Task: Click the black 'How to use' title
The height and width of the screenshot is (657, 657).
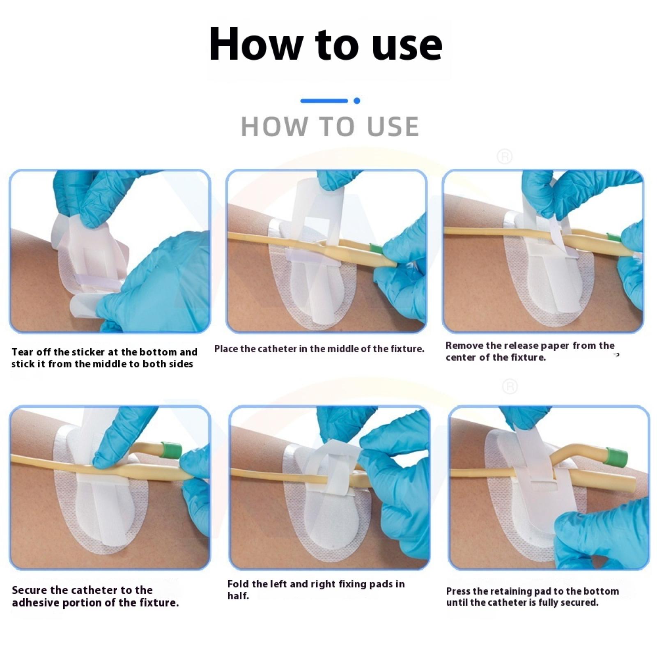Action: (326, 44)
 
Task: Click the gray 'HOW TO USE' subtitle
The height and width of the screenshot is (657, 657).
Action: (330, 126)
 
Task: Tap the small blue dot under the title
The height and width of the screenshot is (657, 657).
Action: (357, 101)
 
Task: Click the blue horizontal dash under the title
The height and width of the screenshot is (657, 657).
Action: (324, 101)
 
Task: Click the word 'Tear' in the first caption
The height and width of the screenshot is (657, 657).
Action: (22, 352)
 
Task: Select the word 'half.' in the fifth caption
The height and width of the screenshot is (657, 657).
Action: (239, 596)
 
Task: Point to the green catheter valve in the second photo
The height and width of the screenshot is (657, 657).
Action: (377, 248)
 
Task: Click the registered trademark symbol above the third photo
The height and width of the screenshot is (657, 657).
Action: (505, 157)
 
